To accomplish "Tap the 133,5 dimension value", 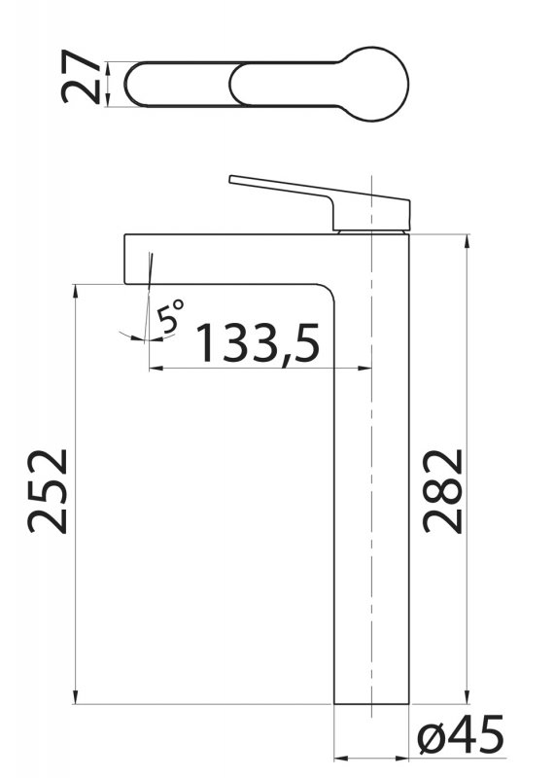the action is pyautogui.click(x=258, y=343).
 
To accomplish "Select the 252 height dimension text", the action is pyautogui.click(x=47, y=491).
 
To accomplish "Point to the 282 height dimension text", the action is pyautogui.click(x=442, y=491).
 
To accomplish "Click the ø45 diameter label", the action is pyautogui.click(x=461, y=734).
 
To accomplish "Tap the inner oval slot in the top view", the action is pyautogui.click(x=258, y=84).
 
